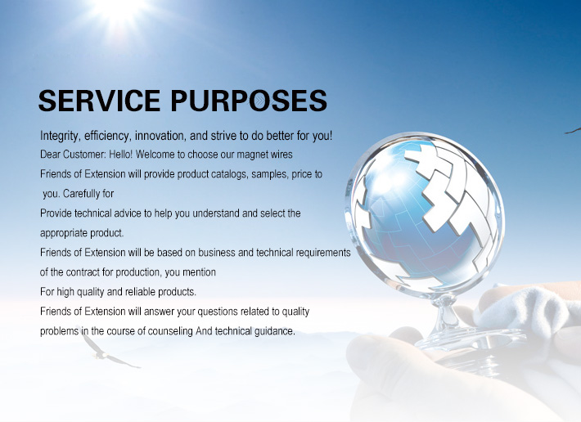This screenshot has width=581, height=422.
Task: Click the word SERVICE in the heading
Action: tap(99, 101)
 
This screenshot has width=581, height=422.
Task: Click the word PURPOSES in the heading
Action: tap(249, 101)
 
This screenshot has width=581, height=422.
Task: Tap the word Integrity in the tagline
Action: tap(60, 137)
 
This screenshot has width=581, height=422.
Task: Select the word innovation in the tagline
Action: tap(160, 137)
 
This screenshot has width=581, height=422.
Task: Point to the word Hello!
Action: tap(120, 155)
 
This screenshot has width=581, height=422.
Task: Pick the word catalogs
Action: tap(229, 174)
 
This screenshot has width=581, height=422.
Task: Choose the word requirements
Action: tap(323, 253)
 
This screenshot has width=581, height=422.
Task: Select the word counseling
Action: tap(170, 331)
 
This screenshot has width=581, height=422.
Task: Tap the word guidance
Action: tap(275, 331)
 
